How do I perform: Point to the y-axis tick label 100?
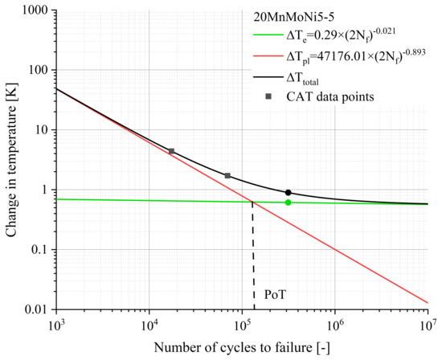point(39,70)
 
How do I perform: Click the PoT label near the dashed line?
point(275,294)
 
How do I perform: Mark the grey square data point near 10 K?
point(171,151)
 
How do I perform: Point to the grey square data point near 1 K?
point(227,176)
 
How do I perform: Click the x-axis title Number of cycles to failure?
point(241,348)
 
